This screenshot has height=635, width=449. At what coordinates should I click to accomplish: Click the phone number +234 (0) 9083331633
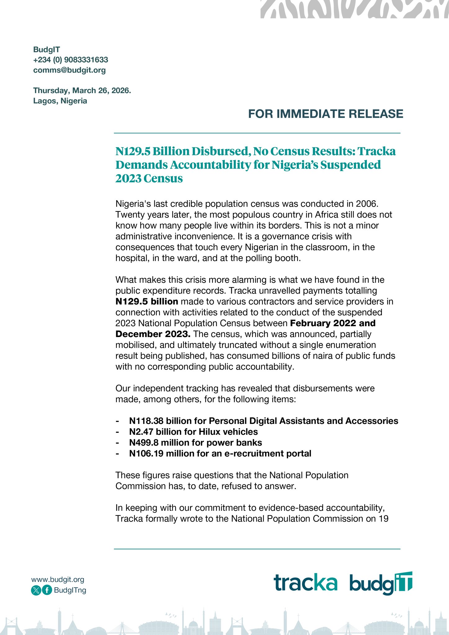tap(71, 60)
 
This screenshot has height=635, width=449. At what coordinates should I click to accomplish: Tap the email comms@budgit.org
tap(69, 70)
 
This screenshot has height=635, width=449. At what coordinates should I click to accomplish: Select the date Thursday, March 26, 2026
tap(82, 91)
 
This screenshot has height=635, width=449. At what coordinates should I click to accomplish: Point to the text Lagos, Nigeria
tap(60, 101)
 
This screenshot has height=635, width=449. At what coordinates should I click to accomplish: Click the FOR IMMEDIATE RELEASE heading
tap(326, 114)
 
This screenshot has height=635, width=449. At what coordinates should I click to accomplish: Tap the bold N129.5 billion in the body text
tap(147, 301)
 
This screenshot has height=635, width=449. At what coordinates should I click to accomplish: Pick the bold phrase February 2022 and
tap(333, 323)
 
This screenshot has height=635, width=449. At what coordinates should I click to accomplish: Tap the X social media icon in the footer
tap(36, 590)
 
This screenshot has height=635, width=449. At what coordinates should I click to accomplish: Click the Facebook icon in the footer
tap(47, 590)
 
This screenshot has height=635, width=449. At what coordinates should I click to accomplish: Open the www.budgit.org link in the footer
tap(58, 579)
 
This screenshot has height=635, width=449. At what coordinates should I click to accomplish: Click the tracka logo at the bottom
tap(305, 583)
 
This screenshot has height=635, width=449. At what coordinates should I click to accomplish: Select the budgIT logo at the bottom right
tap(381, 584)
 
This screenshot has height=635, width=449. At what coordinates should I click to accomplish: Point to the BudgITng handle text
tap(70, 590)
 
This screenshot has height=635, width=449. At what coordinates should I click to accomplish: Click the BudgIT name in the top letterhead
tap(47, 50)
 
